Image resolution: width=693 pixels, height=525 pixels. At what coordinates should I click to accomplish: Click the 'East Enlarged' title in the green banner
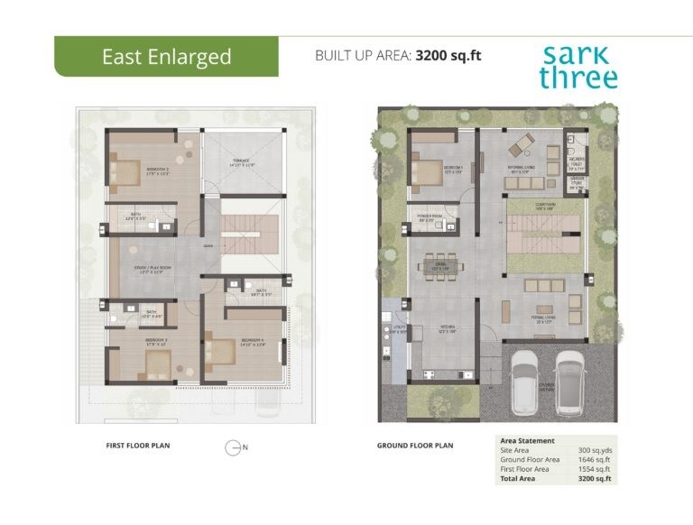[x=166, y=57]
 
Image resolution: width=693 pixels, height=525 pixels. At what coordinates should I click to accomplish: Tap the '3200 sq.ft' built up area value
[x=448, y=55]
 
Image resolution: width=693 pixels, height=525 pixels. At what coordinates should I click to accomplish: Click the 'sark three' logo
[x=578, y=66]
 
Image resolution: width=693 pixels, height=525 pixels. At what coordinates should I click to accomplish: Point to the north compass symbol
[x=234, y=447]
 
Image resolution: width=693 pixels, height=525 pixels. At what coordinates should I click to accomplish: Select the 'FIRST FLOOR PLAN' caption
[x=138, y=446]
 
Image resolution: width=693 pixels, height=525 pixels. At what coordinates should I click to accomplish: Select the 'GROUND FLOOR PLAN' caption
[x=415, y=446]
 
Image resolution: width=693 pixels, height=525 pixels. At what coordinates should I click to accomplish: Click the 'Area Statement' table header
[x=528, y=440]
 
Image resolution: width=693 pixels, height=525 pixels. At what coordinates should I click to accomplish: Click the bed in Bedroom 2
[x=126, y=168]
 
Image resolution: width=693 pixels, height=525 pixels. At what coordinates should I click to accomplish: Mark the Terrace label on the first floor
[x=242, y=163]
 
